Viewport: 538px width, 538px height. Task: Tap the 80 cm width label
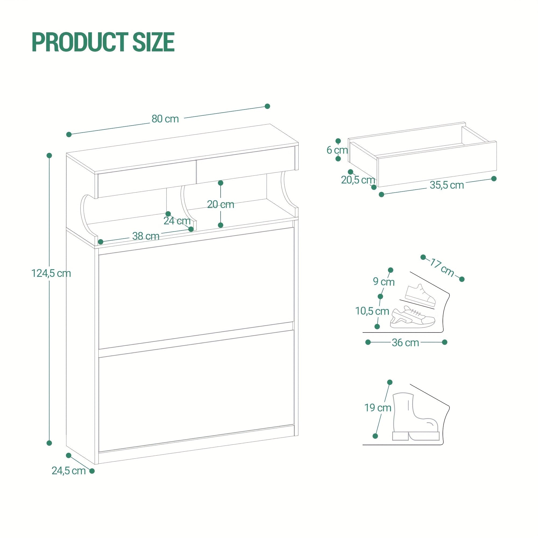coord(165,119)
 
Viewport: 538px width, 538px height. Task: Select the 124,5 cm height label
coord(51,274)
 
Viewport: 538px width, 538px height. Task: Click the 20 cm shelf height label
coord(221,204)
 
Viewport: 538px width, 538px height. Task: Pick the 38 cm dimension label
coord(146,236)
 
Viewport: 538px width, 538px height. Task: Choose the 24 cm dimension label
coord(177,221)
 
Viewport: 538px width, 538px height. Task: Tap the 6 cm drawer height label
coord(337,150)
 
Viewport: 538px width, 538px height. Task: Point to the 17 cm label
coord(442,268)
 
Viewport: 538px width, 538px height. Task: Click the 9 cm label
coord(384,282)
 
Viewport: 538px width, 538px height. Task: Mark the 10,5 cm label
coord(372,311)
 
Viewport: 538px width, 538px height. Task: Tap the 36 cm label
coord(405,342)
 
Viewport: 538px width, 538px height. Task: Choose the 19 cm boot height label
coord(378,408)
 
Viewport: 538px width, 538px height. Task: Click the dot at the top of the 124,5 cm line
coord(49,155)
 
